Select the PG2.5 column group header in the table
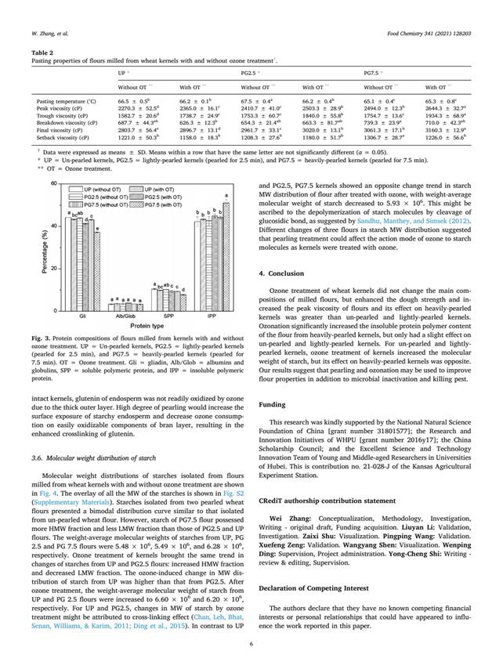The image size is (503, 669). click(x=250, y=71)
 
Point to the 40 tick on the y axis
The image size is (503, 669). click(x=54, y=226)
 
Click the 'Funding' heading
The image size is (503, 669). click(x=272, y=406)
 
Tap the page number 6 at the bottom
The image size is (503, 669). click(x=251, y=645)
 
